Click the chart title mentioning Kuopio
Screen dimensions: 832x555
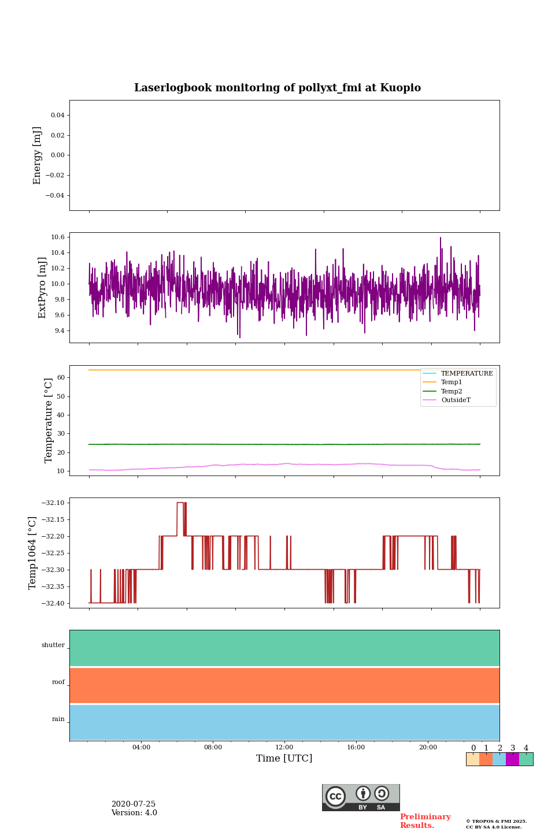point(277,88)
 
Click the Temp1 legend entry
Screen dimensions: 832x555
point(451,382)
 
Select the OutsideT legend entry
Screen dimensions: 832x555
point(456,400)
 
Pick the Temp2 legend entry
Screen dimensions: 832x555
point(451,392)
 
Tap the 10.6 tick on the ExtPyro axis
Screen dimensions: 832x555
point(57,237)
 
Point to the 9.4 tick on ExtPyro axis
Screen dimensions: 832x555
point(58,331)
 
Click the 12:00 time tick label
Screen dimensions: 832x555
point(284,748)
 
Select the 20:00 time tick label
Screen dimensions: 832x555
point(428,748)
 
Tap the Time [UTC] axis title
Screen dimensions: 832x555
point(284,759)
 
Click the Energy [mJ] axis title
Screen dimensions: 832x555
point(38,155)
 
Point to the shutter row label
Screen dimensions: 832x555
point(53,645)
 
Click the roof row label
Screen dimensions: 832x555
point(58,682)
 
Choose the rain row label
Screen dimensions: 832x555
point(58,719)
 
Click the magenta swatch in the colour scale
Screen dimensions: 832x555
point(512,759)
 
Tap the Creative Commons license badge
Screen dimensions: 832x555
point(361,797)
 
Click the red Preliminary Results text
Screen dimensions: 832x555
point(425,821)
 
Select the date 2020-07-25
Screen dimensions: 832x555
point(134,804)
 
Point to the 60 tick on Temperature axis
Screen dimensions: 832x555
point(61,378)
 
